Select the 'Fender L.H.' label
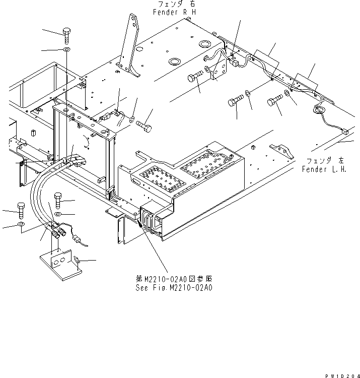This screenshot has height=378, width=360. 324,169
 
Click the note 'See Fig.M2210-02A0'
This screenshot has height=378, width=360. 174,287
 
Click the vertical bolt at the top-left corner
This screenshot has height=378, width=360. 67,36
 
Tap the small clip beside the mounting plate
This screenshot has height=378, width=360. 77,261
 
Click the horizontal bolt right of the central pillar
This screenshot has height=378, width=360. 143,124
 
